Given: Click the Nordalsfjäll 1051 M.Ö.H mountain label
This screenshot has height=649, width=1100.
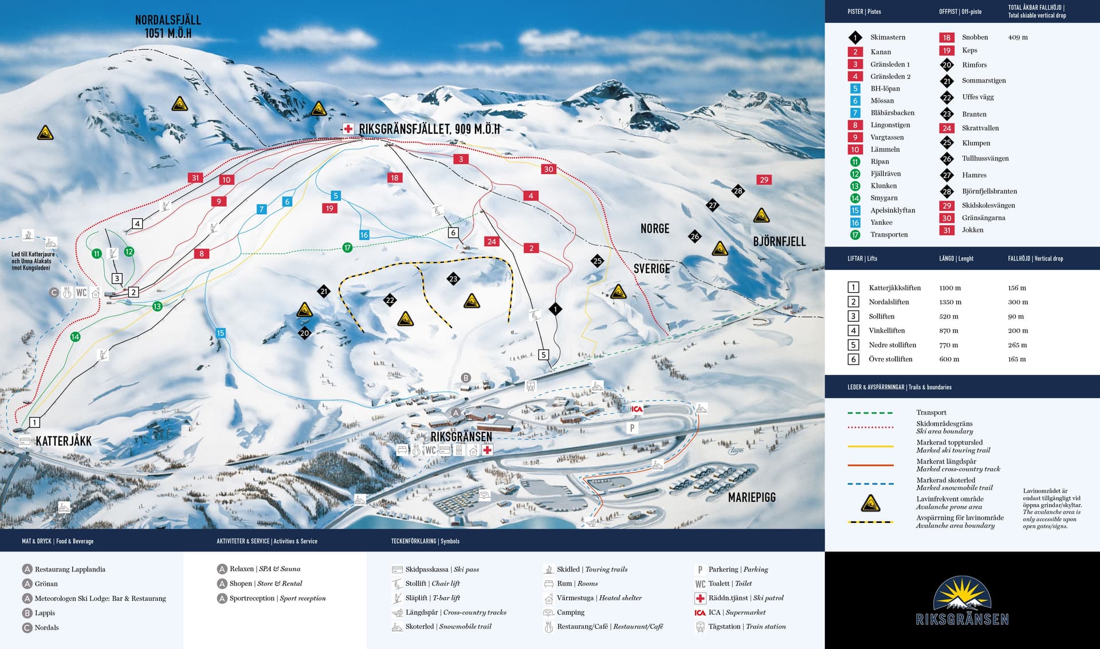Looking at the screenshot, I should pos(168,27).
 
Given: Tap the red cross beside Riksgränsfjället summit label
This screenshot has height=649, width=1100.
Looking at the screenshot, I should pos(348,129).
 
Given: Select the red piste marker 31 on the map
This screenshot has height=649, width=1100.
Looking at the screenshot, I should pos(195,178).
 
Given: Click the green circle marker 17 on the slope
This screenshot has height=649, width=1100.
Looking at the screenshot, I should pos(347,247).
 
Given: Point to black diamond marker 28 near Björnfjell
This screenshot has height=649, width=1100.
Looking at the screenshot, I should pos(738,191).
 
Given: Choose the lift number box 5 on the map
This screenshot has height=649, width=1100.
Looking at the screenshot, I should pos(543,355).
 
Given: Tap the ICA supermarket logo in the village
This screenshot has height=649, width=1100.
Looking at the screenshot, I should pos(637,409).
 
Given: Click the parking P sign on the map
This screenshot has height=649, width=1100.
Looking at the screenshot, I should pos(632,428).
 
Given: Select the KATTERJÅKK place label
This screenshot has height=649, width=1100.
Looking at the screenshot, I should pos(64,441).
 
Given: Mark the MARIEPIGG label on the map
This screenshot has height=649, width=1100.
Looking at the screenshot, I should pos(752,497).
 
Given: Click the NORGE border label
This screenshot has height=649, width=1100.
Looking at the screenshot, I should pos(655,229).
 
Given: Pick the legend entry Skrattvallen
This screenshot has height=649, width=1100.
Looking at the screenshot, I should pos(980,128).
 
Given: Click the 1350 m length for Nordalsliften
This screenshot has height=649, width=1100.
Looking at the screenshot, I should pos(950,302).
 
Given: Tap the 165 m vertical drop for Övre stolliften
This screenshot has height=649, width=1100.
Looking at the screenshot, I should pos(1017,359).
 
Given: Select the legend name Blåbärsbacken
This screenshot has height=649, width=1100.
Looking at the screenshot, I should pos(892,113).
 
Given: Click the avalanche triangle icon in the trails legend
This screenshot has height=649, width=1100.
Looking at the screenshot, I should pos(870,503).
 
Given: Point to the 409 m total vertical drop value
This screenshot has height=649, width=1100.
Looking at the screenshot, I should pos(1017,37).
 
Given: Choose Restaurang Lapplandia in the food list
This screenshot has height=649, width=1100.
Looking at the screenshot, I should pos(70,569).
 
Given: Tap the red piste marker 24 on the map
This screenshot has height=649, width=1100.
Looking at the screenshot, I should pos(492,241).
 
